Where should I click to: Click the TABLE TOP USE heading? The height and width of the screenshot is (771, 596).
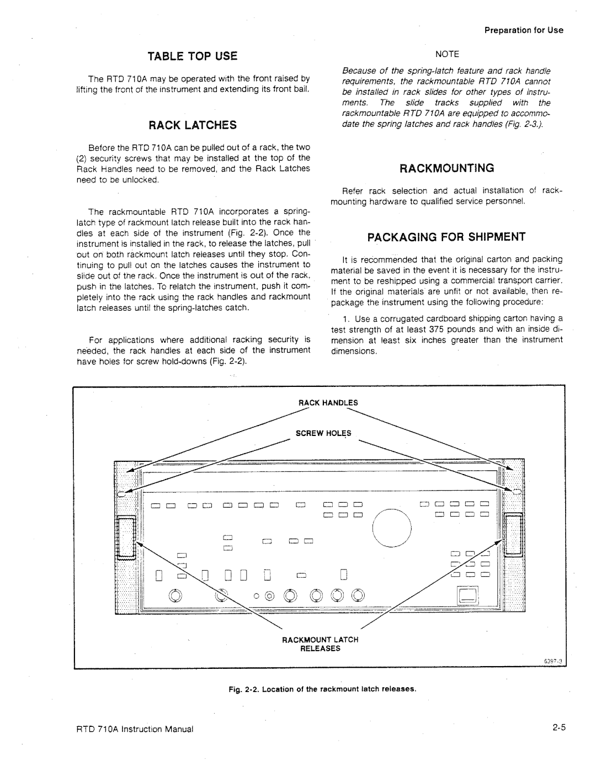192,56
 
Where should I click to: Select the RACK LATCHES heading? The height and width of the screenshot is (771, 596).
192,125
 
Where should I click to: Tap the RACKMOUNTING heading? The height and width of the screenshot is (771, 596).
446,168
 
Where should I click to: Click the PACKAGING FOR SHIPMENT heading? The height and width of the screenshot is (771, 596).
446,237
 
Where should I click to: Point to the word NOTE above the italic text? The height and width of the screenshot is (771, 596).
447,54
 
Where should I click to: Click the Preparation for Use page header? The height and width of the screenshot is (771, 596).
524,30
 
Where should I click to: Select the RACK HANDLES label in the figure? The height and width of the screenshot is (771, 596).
328,403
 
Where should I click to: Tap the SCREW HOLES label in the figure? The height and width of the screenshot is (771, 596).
323,433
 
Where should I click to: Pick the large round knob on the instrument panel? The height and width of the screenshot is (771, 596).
392,528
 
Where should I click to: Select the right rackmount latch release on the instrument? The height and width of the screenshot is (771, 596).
514,535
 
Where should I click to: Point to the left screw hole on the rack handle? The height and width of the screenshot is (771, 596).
121,494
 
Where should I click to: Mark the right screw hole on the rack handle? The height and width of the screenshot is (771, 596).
517,491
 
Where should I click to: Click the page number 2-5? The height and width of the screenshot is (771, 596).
558,728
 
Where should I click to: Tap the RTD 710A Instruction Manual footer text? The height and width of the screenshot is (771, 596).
135,729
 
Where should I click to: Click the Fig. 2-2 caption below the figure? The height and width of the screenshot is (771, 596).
322,689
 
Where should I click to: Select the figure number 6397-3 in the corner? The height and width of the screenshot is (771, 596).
553,661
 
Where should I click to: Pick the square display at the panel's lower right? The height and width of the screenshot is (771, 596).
469,595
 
